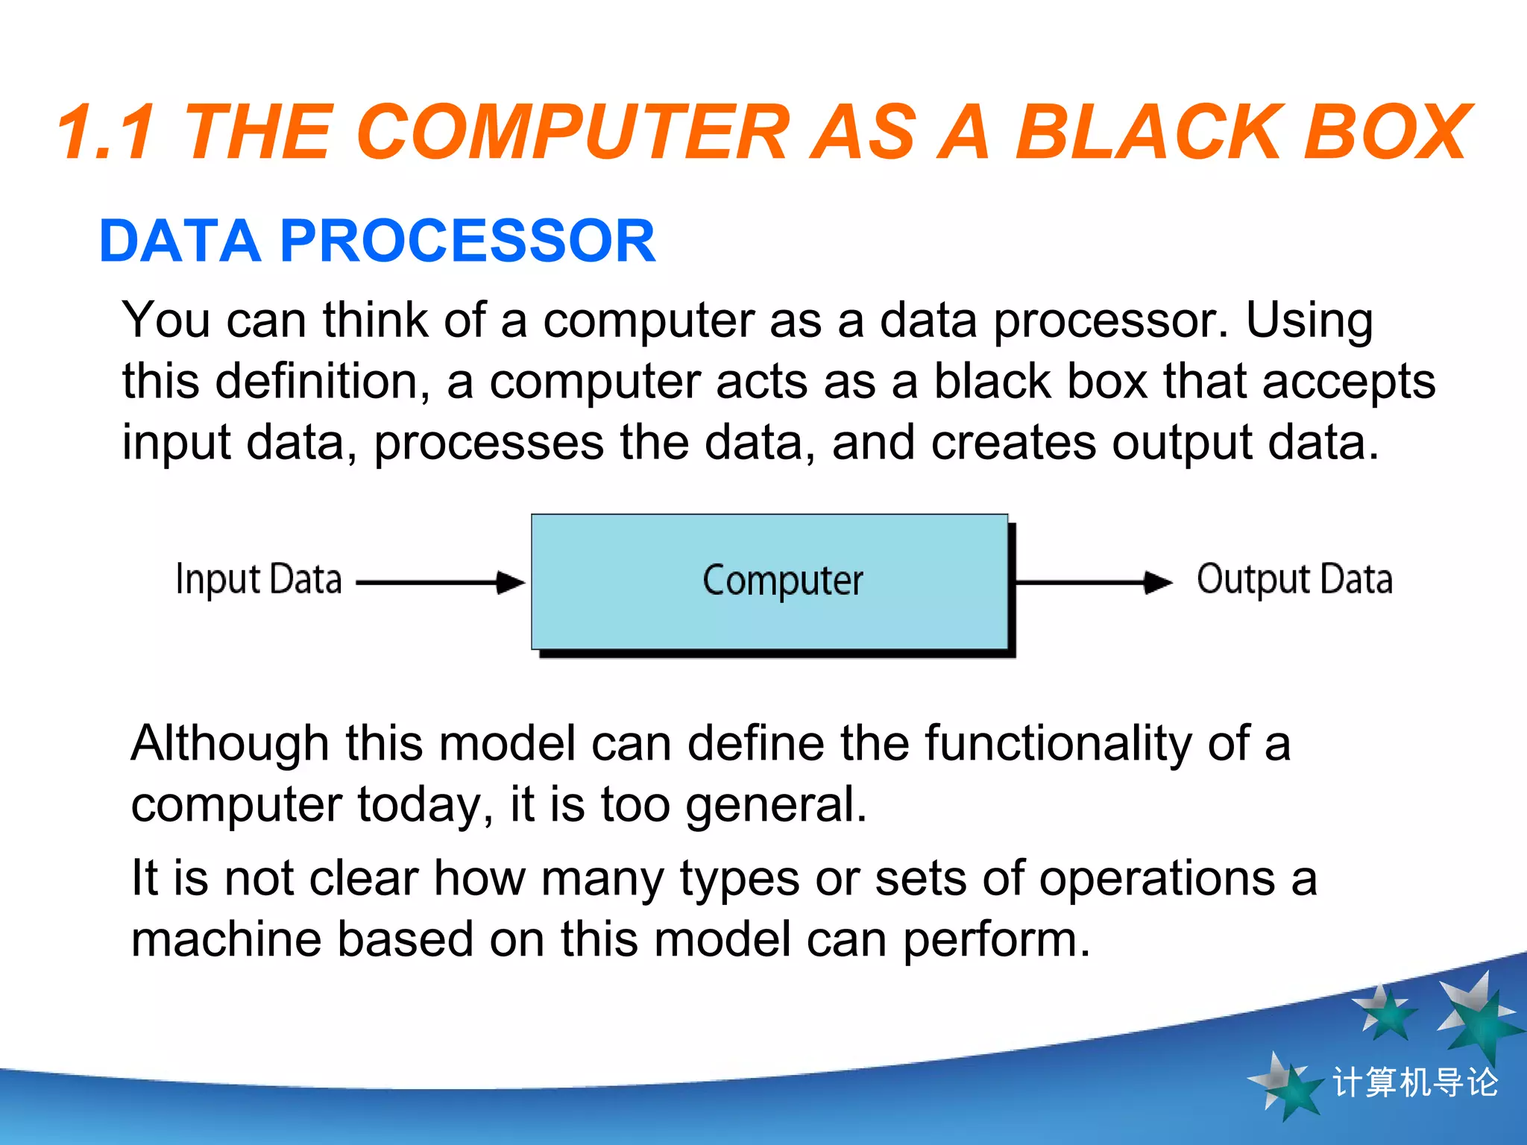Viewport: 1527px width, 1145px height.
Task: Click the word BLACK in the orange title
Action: coord(1147,133)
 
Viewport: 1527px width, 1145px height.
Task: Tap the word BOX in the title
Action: coord(1387,133)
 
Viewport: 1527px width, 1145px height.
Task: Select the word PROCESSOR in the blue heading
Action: coord(467,242)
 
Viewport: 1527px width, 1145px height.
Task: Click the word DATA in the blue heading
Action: coord(180,242)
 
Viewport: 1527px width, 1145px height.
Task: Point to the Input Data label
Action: coord(258,580)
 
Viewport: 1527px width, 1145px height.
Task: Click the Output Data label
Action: coord(1294,580)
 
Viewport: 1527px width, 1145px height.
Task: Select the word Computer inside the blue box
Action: coord(782,581)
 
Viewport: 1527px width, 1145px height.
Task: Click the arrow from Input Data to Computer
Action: coord(440,582)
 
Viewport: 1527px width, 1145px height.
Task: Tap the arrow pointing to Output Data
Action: coord(1093,582)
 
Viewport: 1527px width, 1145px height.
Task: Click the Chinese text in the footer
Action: coord(1414,1082)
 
